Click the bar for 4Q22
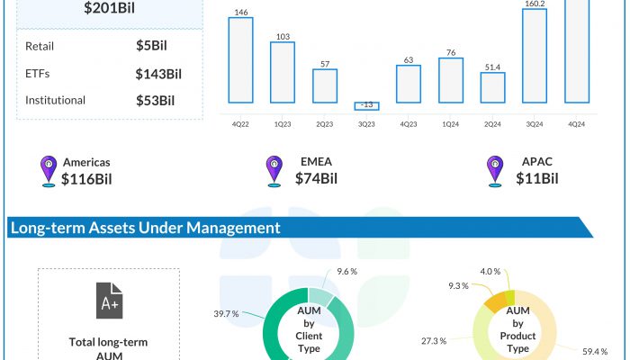[x=241, y=59]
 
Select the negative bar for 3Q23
[x=367, y=105]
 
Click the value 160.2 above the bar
[x=535, y=3]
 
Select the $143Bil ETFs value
[x=158, y=73]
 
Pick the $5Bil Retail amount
[x=151, y=45]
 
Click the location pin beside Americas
[x=49, y=171]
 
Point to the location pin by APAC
[x=494, y=171]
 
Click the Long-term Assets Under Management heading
[x=145, y=229]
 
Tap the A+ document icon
[x=108, y=301]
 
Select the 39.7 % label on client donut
[x=226, y=314]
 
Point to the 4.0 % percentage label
[x=490, y=271]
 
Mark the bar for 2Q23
[x=325, y=86]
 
